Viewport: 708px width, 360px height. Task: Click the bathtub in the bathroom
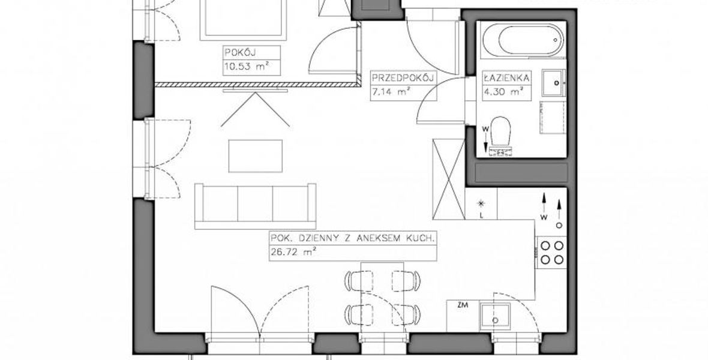click(523, 40)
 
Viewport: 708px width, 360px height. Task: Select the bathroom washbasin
click(554, 83)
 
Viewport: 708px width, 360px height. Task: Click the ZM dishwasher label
click(463, 305)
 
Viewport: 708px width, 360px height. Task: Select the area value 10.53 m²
click(247, 67)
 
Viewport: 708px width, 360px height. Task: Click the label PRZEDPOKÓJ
click(403, 77)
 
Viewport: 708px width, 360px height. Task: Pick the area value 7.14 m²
click(391, 92)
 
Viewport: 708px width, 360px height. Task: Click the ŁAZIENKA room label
click(506, 77)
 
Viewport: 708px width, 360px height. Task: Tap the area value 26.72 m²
click(293, 253)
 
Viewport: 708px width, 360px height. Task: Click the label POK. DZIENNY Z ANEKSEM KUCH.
click(353, 238)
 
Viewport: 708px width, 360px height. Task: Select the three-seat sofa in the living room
click(255, 206)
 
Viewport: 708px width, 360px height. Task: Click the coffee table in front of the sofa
click(256, 156)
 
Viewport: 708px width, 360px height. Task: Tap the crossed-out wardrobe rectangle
click(449, 179)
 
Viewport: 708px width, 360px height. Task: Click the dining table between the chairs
click(382, 293)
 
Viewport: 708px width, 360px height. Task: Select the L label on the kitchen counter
click(482, 215)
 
